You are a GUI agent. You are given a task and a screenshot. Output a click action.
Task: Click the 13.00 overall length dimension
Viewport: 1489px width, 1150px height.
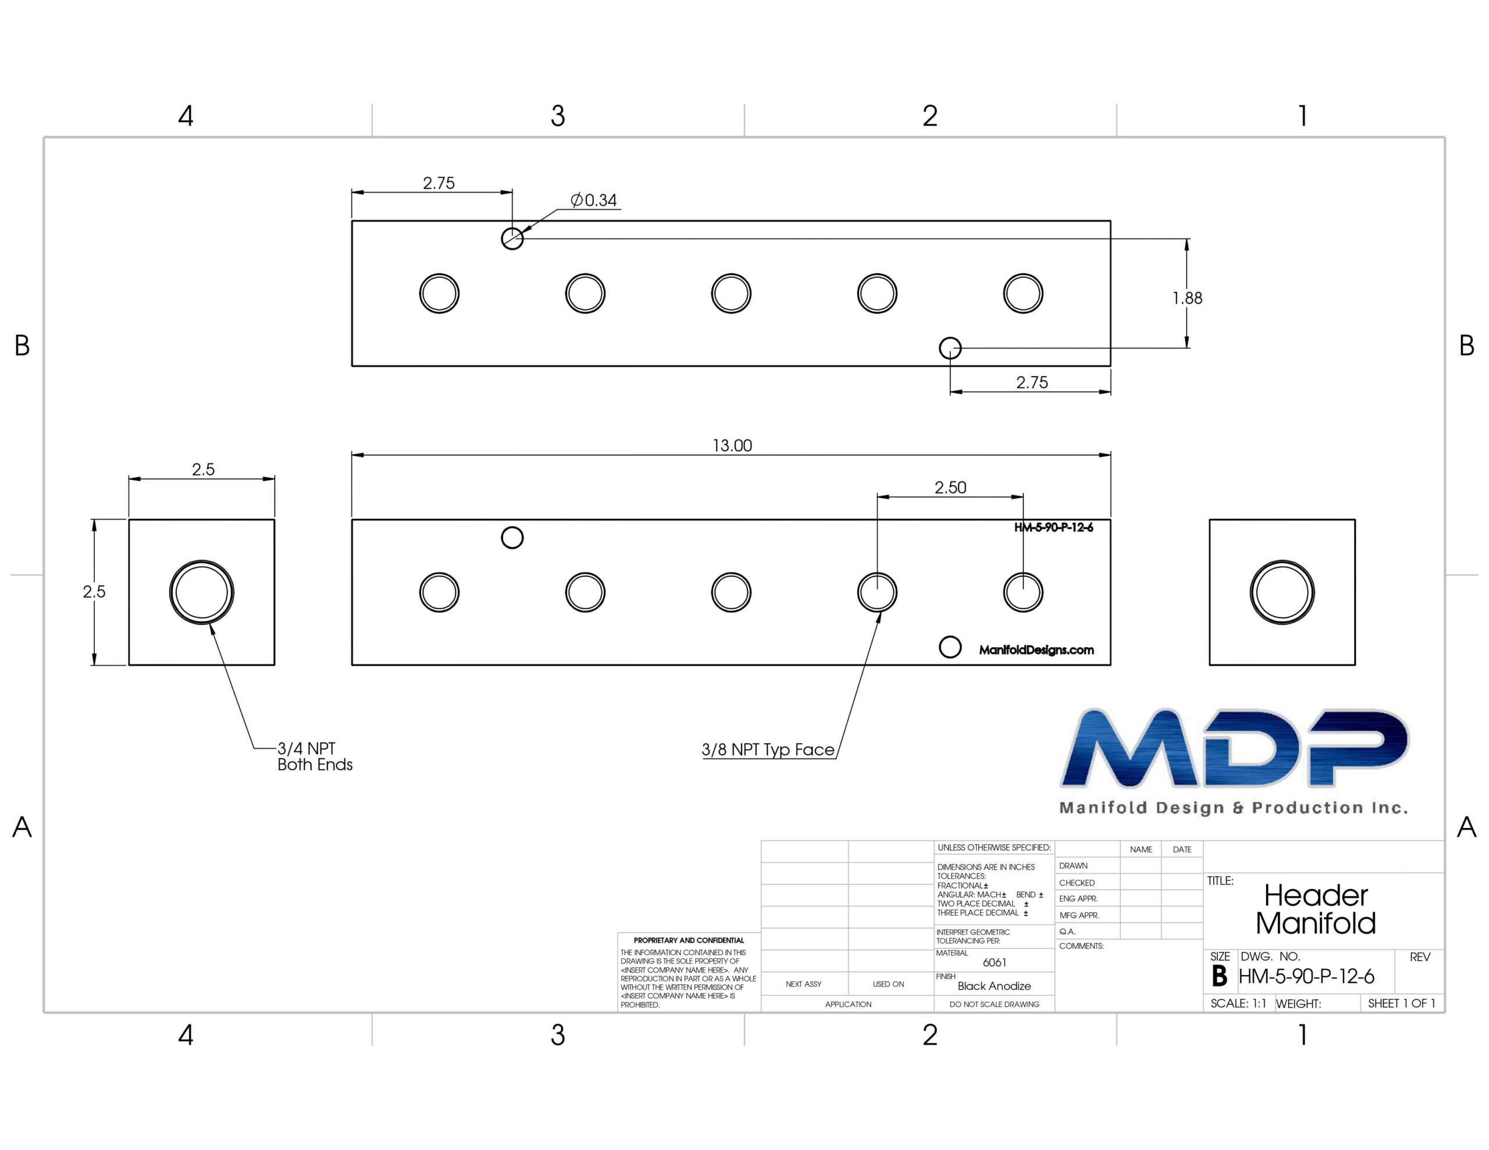click(x=732, y=446)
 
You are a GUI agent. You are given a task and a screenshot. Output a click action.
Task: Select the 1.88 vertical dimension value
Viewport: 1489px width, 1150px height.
click(x=1187, y=298)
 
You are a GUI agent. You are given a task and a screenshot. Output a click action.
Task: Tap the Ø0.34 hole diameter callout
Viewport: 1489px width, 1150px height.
click(x=594, y=201)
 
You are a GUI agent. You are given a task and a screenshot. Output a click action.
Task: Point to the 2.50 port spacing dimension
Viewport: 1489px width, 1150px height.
click(x=950, y=487)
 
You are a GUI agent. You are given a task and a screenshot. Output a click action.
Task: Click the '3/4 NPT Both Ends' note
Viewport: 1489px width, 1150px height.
click(x=314, y=756)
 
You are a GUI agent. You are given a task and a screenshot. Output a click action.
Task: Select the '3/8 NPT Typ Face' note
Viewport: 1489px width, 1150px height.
click(x=768, y=750)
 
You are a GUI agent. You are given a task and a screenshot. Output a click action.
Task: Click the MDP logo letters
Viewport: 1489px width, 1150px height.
click(x=1234, y=748)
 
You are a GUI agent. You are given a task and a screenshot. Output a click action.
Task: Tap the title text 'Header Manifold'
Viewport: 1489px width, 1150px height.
click(x=1316, y=909)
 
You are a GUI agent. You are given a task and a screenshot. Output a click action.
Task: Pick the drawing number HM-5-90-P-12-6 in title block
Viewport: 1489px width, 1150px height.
click(x=1306, y=976)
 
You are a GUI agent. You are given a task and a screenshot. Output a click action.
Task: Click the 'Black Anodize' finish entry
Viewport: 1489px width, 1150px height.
click(x=994, y=985)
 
